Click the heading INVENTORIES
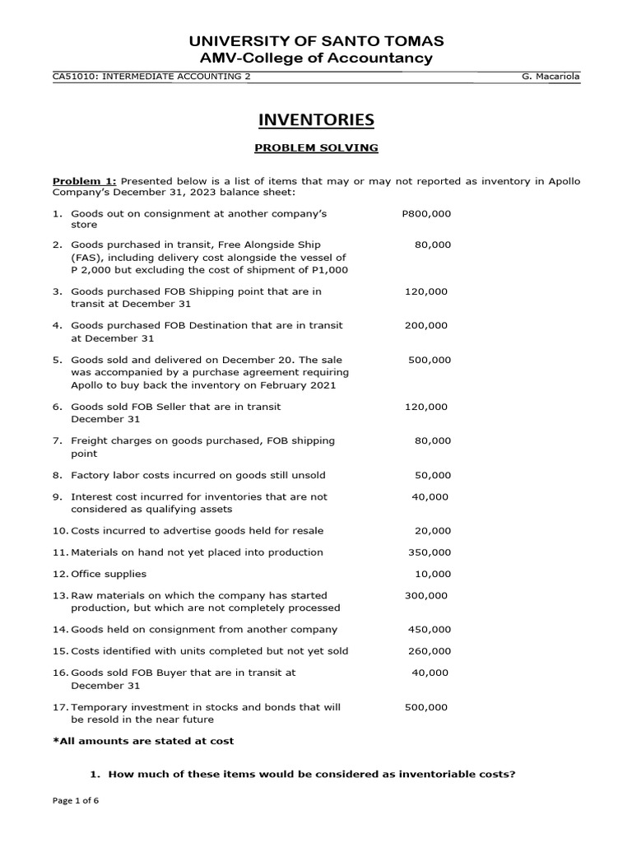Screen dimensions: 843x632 point(316,120)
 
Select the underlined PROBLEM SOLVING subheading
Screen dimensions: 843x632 point(316,148)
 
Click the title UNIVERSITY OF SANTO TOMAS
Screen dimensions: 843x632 point(316,41)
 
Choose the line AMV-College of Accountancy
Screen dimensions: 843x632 point(316,58)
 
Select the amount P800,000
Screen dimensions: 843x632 point(426,213)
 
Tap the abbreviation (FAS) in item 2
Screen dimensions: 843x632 point(86,257)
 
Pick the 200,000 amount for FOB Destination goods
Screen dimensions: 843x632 point(426,325)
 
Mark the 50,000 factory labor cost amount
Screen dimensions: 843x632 point(433,475)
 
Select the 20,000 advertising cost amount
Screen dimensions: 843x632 point(433,531)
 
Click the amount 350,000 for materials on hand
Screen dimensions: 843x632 point(430,552)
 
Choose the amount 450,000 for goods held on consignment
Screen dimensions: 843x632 point(430,630)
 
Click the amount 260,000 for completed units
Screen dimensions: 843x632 point(430,651)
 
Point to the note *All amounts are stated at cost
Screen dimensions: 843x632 point(143,741)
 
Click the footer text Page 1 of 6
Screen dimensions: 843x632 point(75,824)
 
